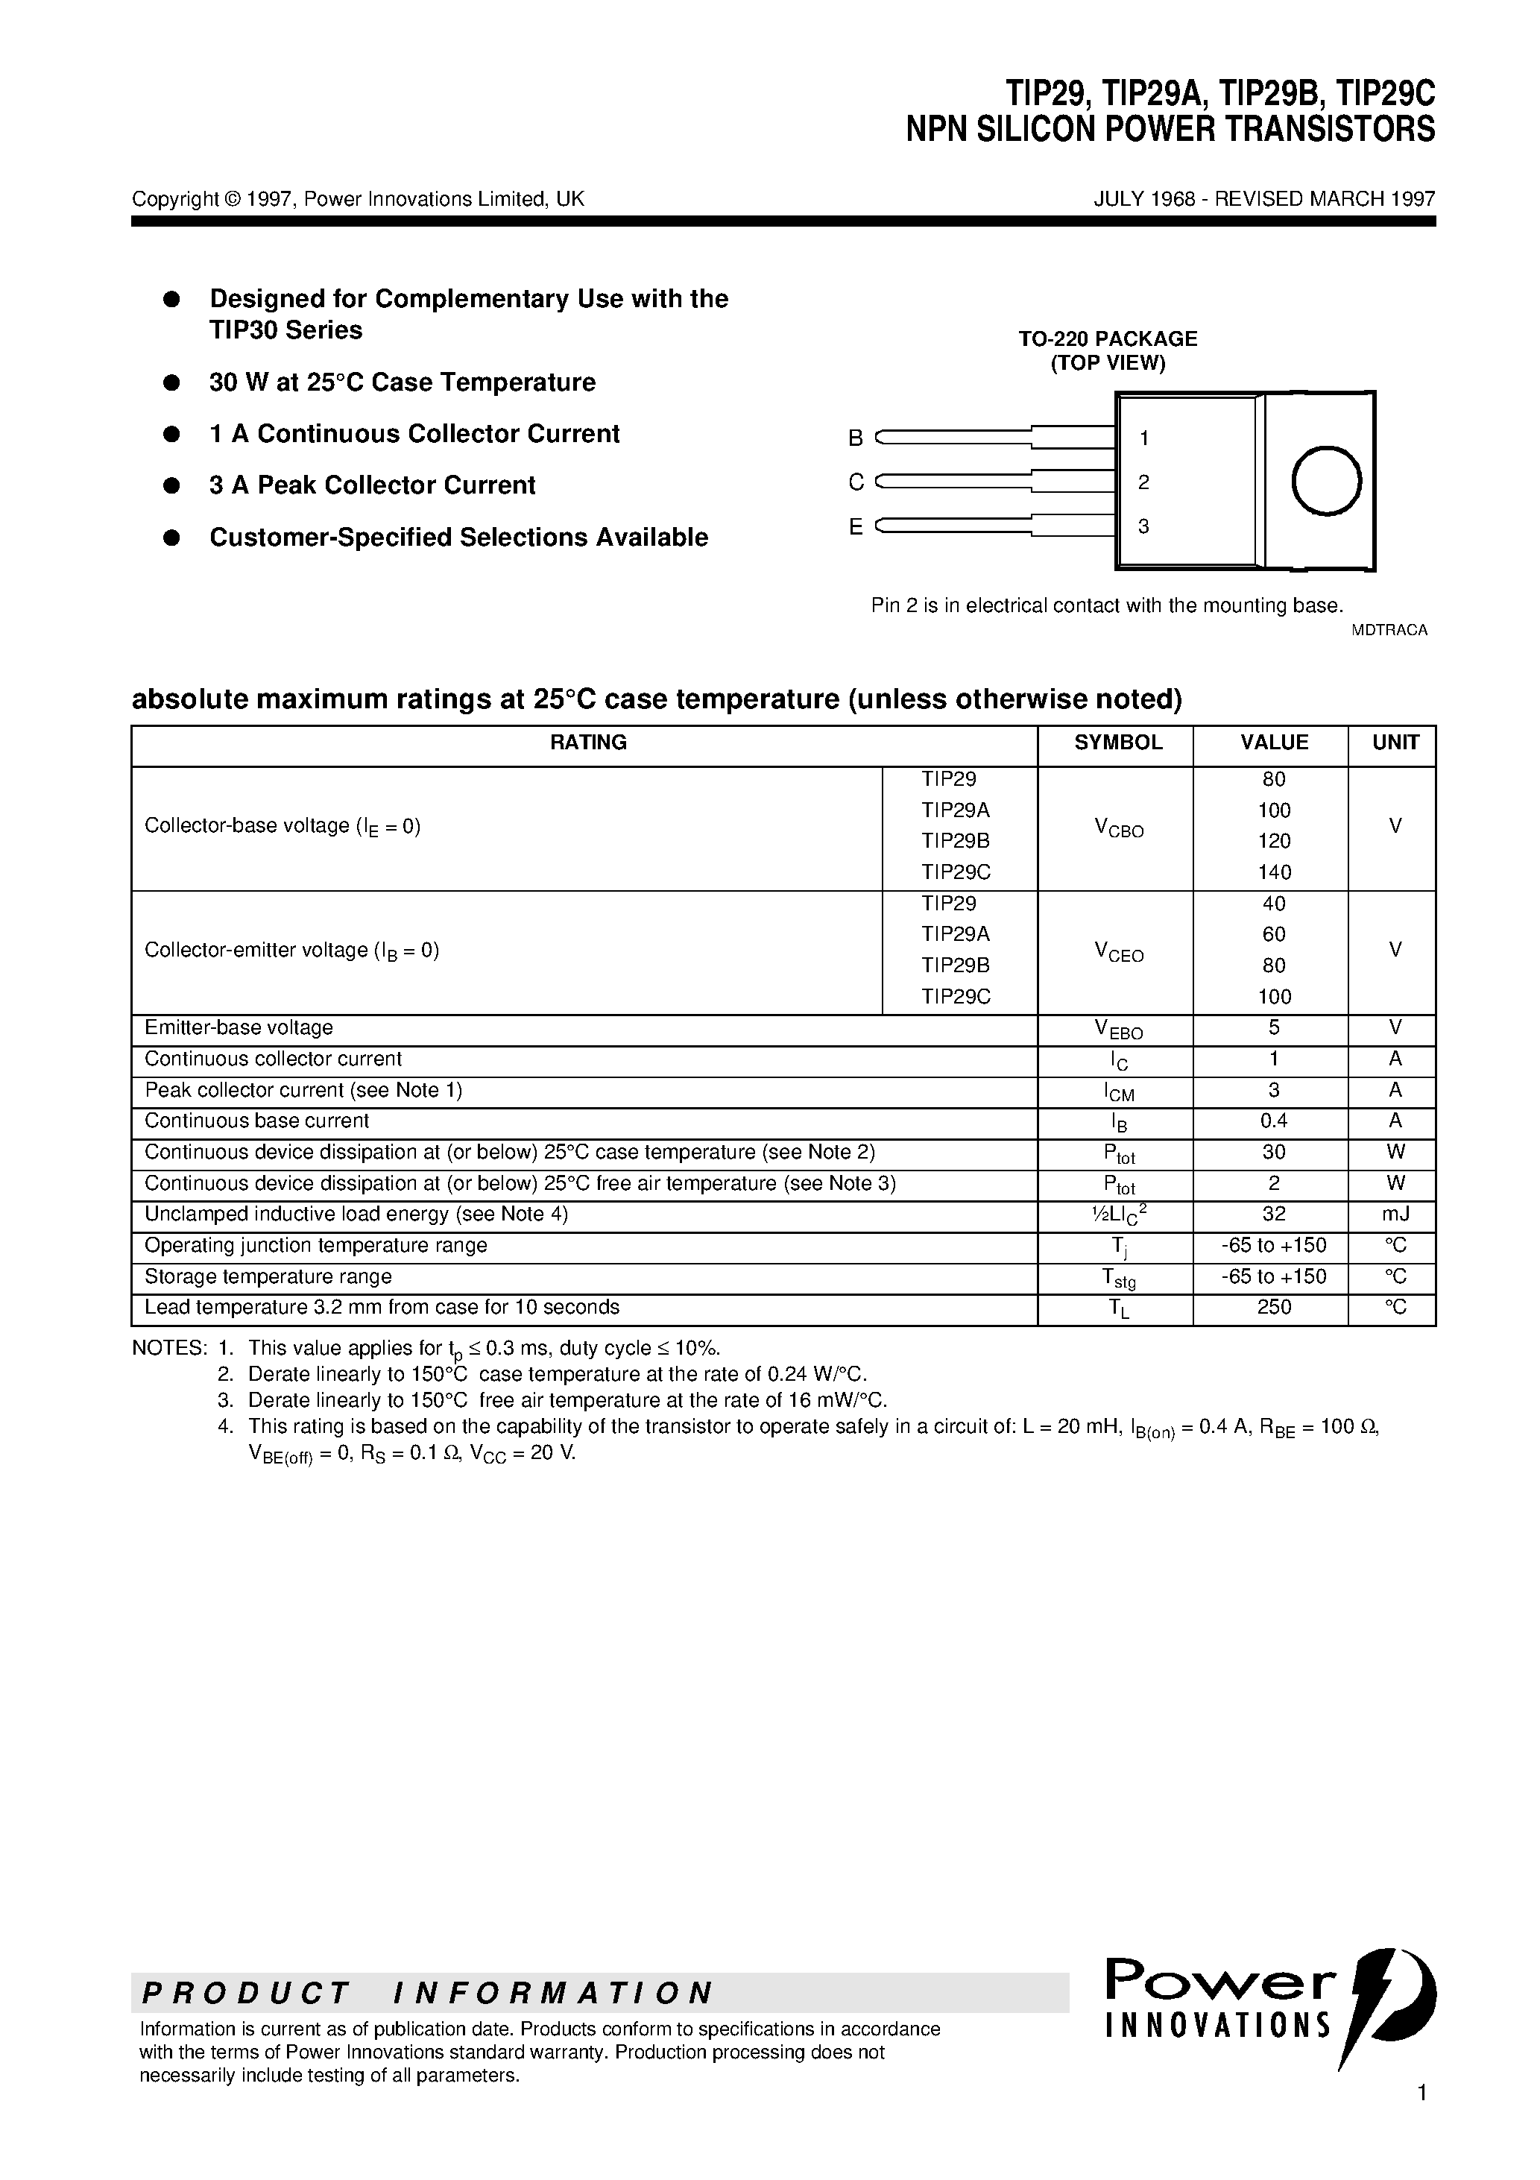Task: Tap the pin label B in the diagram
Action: click(x=856, y=438)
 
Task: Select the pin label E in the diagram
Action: click(x=856, y=527)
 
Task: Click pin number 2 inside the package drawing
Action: click(x=1143, y=482)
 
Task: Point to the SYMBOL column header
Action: click(x=1117, y=743)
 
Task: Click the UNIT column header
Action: click(x=1395, y=743)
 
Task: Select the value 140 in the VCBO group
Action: click(x=1273, y=872)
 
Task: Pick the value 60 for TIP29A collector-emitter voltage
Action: click(x=1273, y=934)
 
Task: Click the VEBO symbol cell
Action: click(x=1117, y=1029)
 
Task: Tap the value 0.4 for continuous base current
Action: click(x=1273, y=1121)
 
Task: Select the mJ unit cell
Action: click(x=1395, y=1215)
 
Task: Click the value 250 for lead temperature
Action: click(x=1273, y=1308)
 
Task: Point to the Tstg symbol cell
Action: click(x=1117, y=1278)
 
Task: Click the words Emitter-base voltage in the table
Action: click(x=239, y=1027)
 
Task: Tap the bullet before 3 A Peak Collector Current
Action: click(x=172, y=485)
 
